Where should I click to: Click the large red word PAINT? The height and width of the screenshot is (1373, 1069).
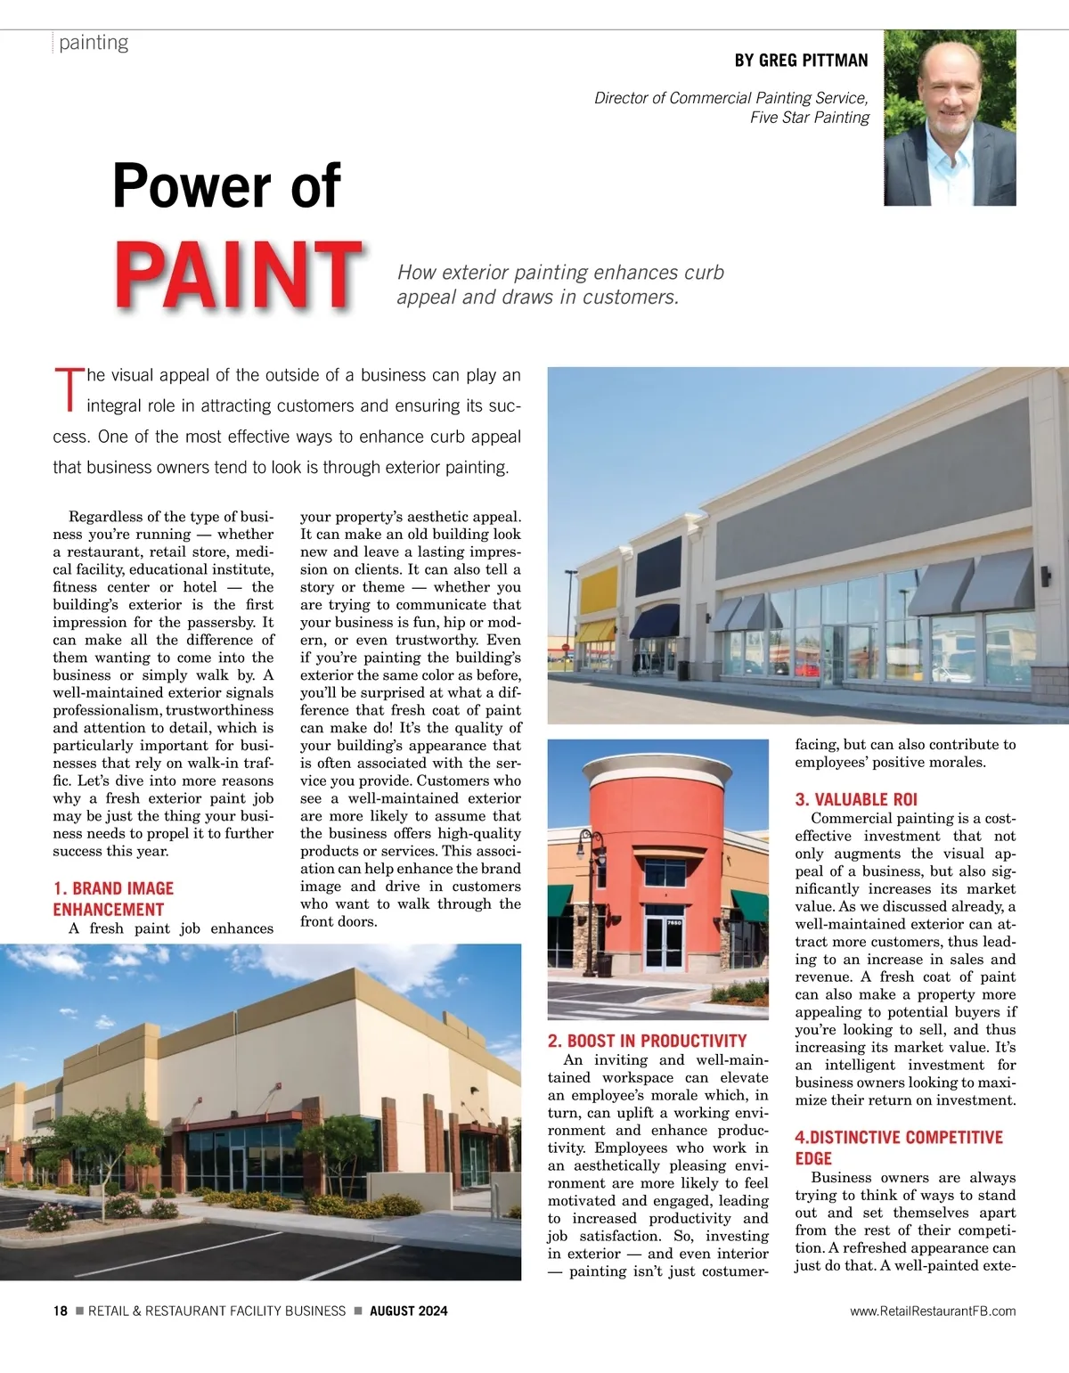(x=238, y=274)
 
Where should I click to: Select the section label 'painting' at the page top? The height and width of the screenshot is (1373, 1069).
(x=94, y=43)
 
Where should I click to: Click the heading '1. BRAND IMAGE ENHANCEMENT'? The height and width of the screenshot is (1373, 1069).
(x=112, y=898)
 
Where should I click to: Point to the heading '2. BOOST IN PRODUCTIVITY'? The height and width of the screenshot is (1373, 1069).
(x=647, y=1041)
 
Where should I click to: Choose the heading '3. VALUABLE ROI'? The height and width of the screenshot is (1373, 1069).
(x=855, y=799)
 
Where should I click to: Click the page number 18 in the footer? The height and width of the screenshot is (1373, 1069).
(x=60, y=1311)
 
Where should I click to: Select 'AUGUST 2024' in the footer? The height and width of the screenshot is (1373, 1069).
(x=408, y=1311)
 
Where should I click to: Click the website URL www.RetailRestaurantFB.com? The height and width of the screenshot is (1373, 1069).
(x=932, y=1311)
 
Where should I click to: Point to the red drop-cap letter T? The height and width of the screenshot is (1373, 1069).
(x=68, y=389)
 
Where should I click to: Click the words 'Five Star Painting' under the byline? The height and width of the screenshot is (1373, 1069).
(x=809, y=118)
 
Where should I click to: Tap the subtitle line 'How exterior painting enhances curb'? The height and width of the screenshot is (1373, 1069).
(x=560, y=273)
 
